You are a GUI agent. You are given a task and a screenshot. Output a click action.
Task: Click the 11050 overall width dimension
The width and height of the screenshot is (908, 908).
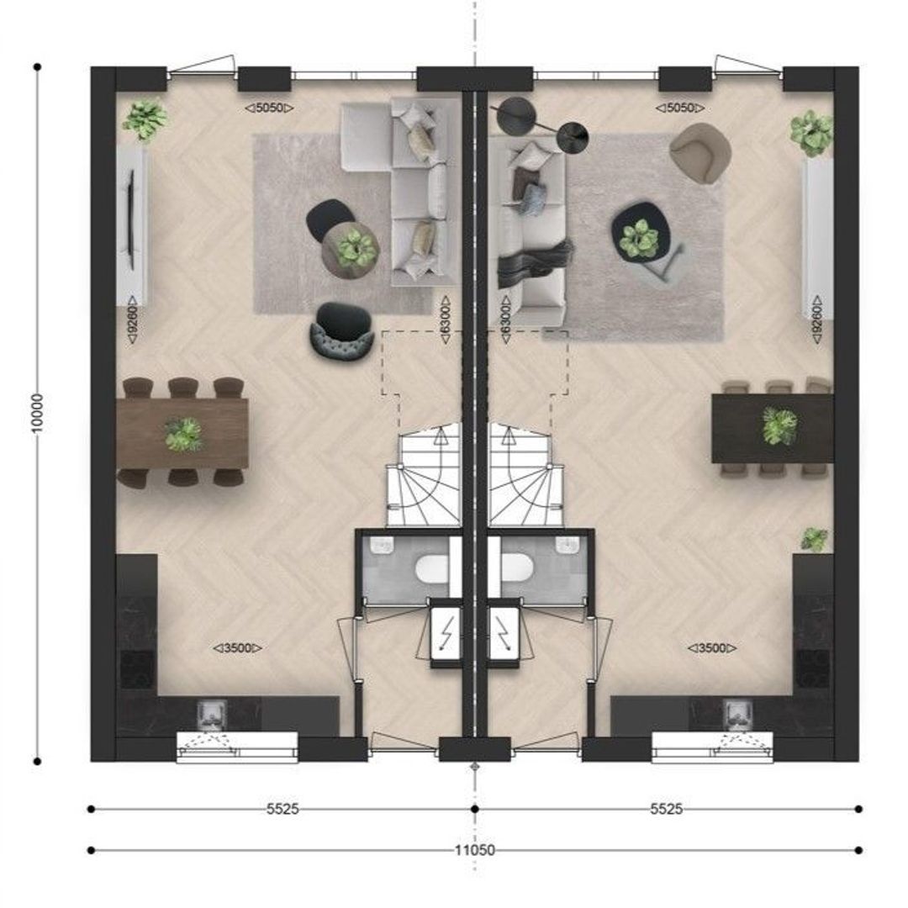point(476,850)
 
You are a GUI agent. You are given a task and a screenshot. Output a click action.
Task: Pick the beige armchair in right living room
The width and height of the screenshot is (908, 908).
point(700,151)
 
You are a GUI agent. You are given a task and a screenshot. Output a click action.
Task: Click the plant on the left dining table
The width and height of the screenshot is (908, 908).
point(183,435)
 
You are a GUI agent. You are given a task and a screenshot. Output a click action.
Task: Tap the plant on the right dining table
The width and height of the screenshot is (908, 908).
point(779,426)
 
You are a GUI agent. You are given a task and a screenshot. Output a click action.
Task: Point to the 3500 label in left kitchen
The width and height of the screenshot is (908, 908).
point(238,648)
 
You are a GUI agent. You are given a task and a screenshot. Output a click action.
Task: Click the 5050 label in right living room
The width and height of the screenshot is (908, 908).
point(682,108)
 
